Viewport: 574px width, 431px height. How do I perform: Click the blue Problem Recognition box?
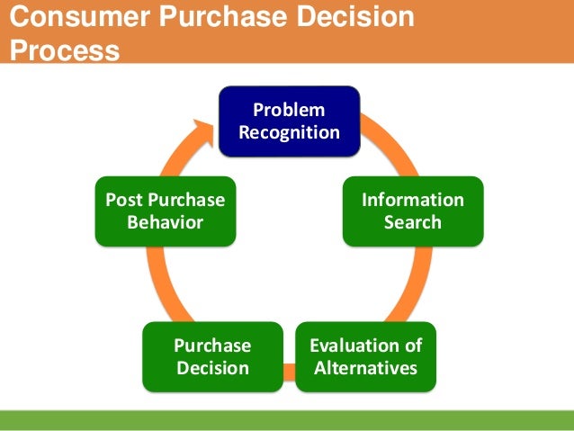291,121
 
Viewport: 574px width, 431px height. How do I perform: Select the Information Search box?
412,211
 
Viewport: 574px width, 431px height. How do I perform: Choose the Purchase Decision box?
212,356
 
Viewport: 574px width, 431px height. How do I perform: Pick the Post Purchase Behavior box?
166,211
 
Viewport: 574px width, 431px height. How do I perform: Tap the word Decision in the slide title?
354,18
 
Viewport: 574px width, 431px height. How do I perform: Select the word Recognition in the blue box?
291,133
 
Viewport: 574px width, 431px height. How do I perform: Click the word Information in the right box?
412,200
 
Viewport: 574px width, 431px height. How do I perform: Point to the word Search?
412,221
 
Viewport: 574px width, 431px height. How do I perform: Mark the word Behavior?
166,221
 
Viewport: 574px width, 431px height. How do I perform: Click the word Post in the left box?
122,200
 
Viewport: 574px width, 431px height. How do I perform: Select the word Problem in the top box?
290,111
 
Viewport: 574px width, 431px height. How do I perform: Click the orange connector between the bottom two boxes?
289,368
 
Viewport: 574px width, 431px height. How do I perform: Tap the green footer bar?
287,419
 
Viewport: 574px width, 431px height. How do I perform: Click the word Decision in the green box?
212,367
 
